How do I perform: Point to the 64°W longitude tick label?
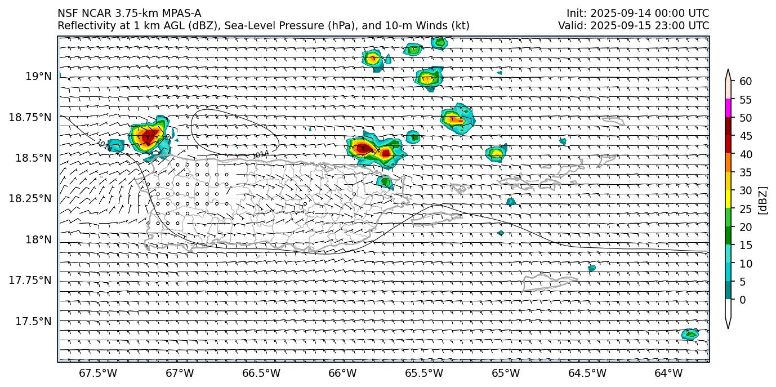(x=668, y=373)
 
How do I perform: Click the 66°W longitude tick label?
(x=342, y=373)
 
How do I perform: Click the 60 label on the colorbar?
(x=746, y=82)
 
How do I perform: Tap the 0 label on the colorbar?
(x=743, y=300)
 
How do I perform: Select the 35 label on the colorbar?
(x=746, y=172)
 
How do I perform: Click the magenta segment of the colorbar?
(x=728, y=108)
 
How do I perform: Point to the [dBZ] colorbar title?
(x=764, y=200)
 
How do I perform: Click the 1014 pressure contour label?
(x=260, y=154)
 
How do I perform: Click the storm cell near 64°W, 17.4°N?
(x=690, y=334)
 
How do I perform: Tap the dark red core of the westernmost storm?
(x=148, y=136)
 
